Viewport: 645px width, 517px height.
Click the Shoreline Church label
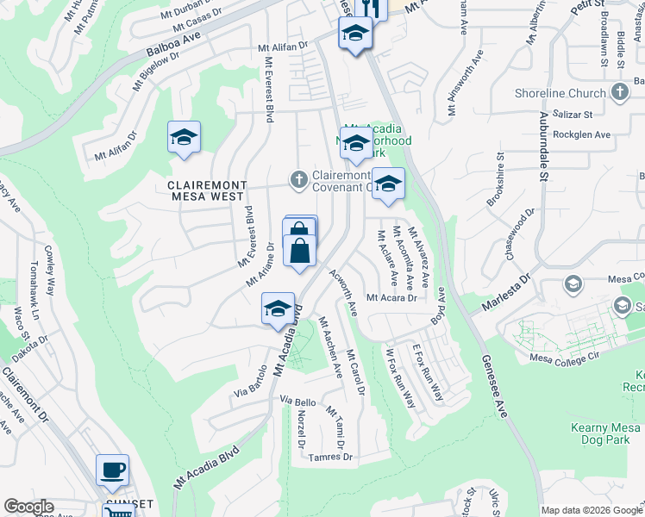[560, 94]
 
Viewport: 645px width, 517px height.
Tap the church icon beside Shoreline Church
[619, 93]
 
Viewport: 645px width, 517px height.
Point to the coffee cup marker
[112, 470]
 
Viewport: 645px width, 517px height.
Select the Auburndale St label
[544, 155]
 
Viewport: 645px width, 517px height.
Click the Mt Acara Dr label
[391, 298]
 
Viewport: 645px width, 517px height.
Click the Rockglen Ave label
[580, 134]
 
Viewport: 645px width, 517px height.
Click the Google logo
[29, 507]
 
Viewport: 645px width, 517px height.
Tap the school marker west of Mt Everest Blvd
[184, 138]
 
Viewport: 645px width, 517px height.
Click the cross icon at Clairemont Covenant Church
[298, 179]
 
